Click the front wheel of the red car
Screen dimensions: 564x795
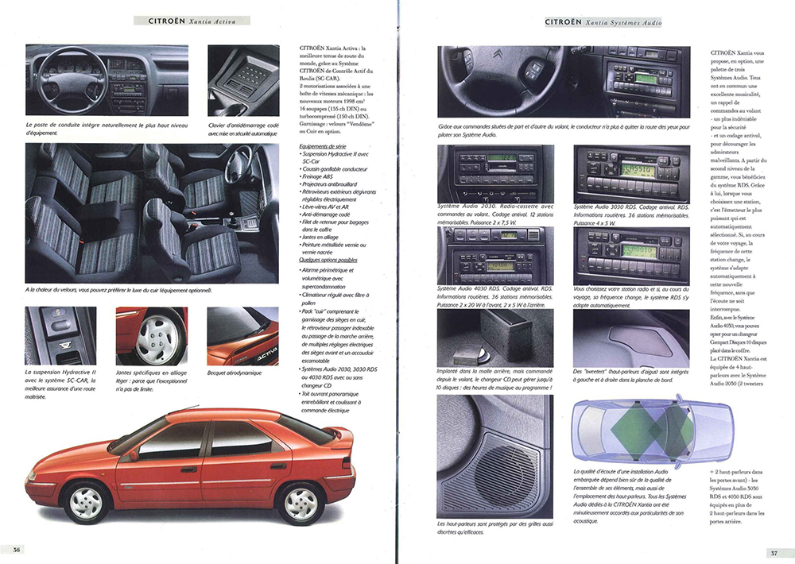click(86, 501)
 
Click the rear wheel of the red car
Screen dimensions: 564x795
click(300, 502)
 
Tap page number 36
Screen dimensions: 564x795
click(17, 549)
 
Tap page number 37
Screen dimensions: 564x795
click(772, 552)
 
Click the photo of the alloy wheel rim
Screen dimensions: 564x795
click(151, 336)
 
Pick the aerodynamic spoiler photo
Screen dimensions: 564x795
click(242, 336)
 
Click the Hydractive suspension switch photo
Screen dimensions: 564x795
click(60, 336)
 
